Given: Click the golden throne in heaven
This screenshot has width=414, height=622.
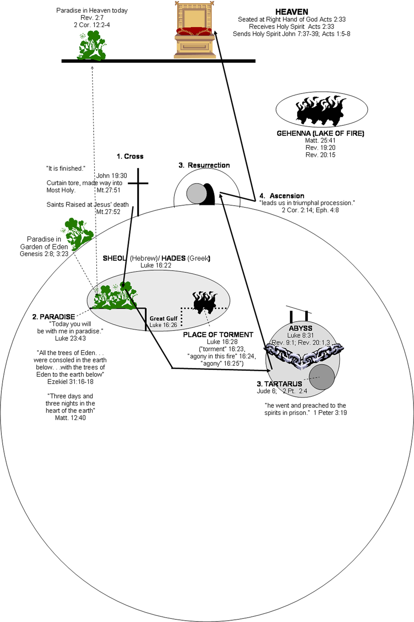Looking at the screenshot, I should coord(195,30).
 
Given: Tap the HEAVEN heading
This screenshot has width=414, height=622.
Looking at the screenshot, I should coord(292,12).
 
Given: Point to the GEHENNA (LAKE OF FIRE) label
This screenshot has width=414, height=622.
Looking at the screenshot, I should coord(320,133).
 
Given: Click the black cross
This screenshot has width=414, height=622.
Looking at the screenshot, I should coord(138,191).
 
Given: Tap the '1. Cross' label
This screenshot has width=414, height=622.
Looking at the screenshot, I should coord(130,156).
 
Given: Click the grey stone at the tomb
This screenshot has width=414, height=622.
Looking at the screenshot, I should coord(196,193).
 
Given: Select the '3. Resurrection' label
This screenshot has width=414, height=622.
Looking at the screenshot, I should coord(204,165).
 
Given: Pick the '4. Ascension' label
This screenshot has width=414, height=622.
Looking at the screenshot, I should coord(282,196).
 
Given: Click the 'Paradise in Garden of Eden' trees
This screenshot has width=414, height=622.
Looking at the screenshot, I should coord(78,233).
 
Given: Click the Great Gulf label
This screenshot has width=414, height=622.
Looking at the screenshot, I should coord(163,319).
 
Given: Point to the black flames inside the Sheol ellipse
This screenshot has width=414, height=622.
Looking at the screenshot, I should coord(205,302).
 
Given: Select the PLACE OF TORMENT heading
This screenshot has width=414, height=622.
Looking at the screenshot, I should coord(218,335).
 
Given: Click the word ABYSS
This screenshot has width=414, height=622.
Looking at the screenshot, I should coord(301,328).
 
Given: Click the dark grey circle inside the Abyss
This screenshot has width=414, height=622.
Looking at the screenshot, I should coord(322,377).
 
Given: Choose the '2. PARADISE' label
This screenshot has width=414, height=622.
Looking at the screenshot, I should coord(53,317).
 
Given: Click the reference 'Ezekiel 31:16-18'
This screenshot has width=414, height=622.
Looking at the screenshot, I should coord(70,382).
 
